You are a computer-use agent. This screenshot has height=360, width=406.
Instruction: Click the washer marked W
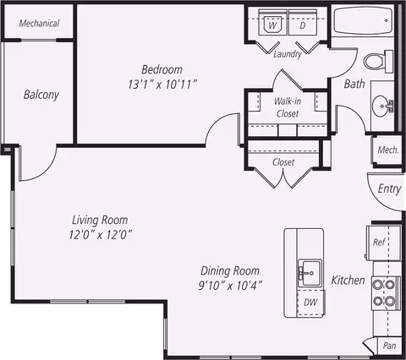tap(272, 22)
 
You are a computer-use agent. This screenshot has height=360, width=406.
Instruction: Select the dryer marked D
tap(303, 22)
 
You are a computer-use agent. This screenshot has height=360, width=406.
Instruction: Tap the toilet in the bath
tap(378, 61)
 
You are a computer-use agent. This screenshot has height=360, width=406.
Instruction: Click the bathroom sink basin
tap(381, 106)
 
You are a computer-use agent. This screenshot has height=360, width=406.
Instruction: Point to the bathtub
tap(363, 20)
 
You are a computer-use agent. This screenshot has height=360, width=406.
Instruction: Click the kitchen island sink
tap(310, 273)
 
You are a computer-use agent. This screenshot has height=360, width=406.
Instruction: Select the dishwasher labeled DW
tap(310, 303)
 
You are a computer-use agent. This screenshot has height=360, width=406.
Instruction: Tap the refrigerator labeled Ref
tap(384, 243)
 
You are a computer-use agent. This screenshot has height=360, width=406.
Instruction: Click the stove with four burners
tap(386, 293)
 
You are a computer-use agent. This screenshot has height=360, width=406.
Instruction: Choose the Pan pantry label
tap(389, 346)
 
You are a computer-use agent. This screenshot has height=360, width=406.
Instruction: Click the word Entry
tap(389, 188)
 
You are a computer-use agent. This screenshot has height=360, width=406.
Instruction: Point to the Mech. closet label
tap(388, 150)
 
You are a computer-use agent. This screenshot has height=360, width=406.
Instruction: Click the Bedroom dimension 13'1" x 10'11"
tap(162, 85)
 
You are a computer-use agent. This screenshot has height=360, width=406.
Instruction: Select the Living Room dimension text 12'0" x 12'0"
tap(101, 234)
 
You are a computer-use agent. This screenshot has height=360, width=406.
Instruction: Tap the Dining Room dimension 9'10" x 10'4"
tap(230, 286)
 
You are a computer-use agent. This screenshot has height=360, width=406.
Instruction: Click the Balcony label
tap(41, 95)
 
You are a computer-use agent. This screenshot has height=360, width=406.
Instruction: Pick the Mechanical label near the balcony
tap(39, 23)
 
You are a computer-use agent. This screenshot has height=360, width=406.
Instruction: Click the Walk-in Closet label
tap(288, 107)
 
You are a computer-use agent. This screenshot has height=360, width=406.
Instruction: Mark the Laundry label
tap(288, 54)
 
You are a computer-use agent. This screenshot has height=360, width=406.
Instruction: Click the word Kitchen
tap(348, 280)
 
